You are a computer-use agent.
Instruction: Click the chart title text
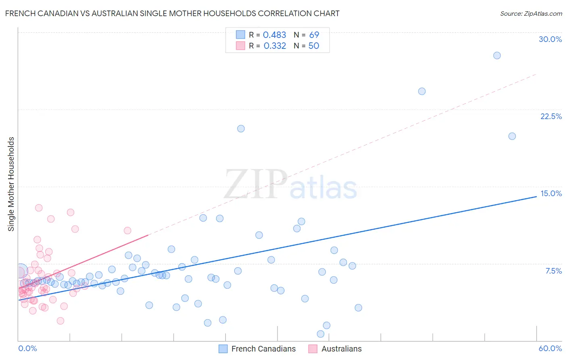point(172,13)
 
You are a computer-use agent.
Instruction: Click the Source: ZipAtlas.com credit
point(531,13)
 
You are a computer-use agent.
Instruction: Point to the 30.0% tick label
point(550,39)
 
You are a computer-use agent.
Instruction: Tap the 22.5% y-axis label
point(551,116)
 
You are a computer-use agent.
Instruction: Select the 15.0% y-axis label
point(551,193)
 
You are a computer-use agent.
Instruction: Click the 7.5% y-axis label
point(553,271)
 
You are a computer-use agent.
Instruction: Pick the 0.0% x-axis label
point(27,348)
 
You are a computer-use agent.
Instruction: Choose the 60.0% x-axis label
point(550,348)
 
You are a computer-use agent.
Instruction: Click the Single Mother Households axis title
point(11,184)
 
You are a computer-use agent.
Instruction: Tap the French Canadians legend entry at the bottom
point(263,349)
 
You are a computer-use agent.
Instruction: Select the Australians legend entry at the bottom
point(341,349)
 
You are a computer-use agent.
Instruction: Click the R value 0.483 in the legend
point(274,35)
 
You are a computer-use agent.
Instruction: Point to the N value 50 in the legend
point(314,46)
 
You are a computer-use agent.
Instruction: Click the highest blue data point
point(497,55)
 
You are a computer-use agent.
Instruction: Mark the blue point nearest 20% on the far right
point(512,136)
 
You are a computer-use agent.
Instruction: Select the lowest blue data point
point(321,334)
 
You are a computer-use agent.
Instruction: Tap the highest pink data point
point(39,208)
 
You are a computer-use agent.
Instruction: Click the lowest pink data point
point(60,321)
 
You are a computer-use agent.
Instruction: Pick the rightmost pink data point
point(127,230)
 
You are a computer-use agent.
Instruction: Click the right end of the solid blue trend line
point(536,196)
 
